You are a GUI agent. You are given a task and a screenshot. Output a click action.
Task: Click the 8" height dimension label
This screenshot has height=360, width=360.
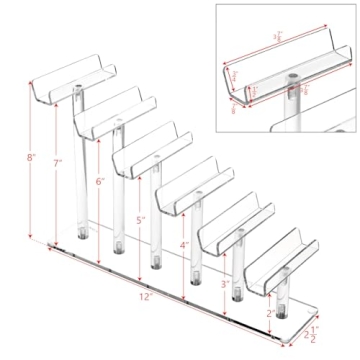coord(32,158)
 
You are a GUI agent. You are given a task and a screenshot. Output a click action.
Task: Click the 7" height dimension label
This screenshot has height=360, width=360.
coord(58,162)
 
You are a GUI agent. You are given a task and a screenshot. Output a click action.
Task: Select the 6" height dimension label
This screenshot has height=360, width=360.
coord(99,182)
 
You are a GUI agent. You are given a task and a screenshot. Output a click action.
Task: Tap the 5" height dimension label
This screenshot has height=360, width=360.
coord(140,219)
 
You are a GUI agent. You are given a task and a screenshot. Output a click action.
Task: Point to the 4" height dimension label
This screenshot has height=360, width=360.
coord(184,245)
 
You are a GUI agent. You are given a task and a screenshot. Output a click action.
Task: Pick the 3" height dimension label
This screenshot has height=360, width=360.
coord(225,284)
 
